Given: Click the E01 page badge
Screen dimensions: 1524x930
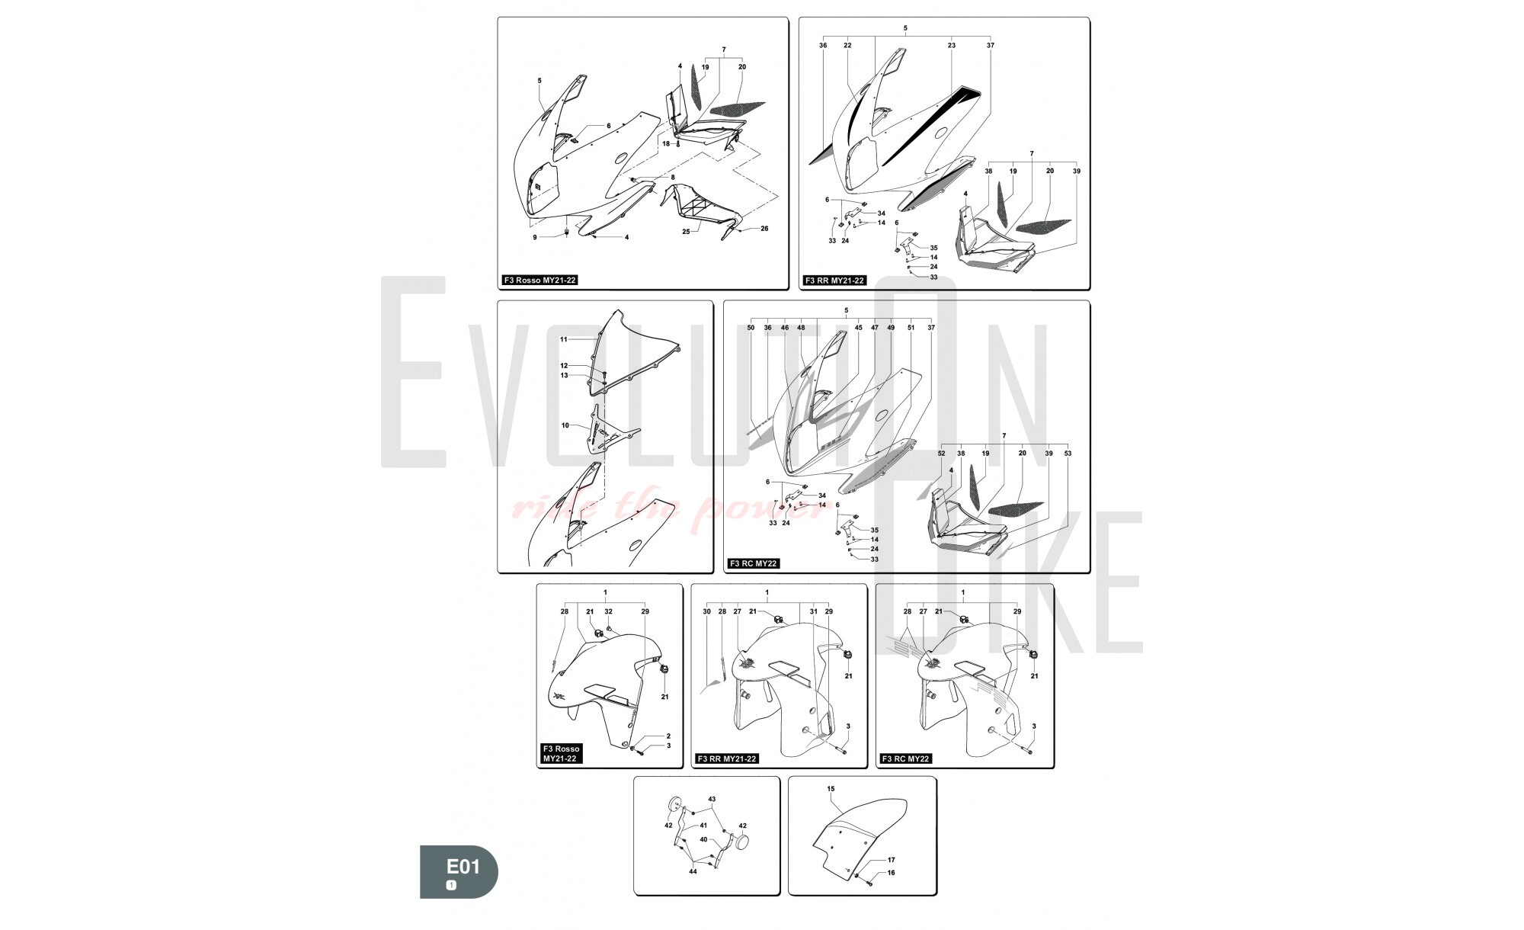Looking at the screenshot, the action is [459, 871].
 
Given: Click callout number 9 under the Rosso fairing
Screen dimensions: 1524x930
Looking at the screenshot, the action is [535, 237].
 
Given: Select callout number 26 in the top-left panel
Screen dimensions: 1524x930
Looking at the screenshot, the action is [764, 229].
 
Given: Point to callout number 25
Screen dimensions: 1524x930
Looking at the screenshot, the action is [686, 231].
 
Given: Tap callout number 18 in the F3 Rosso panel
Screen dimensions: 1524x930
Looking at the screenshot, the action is [666, 143].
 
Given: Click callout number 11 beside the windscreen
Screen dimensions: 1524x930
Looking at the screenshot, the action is [564, 339].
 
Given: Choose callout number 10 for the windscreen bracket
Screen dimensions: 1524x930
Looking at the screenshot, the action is [565, 425].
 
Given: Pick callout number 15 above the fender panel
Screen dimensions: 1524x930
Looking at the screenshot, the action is [831, 789].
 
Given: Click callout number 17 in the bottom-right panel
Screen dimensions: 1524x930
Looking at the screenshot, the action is [891, 861].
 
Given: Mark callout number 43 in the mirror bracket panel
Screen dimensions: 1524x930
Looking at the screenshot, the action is [712, 799].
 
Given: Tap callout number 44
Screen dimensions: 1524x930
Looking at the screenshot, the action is [693, 871].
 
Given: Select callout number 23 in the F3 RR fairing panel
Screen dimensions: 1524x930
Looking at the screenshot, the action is [952, 46].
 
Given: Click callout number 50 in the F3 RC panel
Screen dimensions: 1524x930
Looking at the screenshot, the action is [751, 328].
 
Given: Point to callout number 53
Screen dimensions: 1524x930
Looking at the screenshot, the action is [1068, 454].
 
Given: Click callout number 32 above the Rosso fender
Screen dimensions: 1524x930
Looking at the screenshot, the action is [608, 611].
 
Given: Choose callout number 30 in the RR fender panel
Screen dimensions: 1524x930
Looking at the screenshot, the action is [706, 611].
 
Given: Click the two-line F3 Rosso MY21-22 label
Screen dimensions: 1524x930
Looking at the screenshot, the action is [561, 754].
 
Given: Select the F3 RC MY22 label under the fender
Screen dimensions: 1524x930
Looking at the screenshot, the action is [906, 758].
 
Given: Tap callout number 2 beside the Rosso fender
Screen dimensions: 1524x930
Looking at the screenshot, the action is [668, 736].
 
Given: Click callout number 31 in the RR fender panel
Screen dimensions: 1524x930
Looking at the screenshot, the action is [813, 611].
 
